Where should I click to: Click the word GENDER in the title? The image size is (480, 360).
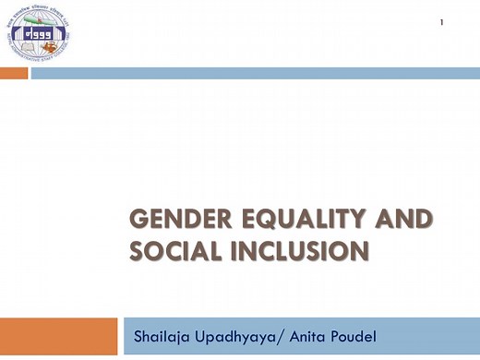(x=169, y=220)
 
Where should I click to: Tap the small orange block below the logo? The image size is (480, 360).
(x=14, y=73)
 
